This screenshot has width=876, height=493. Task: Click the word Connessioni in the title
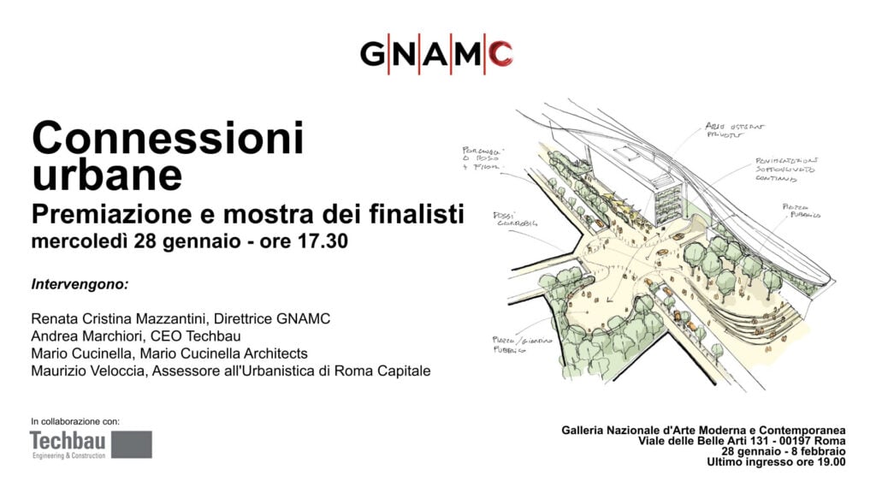[168, 139]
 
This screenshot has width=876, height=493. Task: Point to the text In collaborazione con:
[75, 421]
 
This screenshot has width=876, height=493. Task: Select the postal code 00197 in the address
[777, 440]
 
